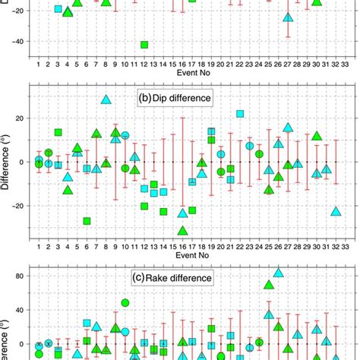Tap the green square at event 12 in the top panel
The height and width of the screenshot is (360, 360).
(x=144, y=45)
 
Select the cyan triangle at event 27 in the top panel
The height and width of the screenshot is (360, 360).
(x=288, y=17)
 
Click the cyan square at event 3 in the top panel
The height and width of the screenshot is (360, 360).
(x=58, y=9)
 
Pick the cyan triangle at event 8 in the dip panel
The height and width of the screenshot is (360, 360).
(x=106, y=99)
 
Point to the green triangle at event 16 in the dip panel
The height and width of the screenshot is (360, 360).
(x=182, y=230)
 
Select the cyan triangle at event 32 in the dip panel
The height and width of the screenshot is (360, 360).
(x=336, y=211)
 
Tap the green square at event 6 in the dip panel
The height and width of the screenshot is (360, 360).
(x=87, y=221)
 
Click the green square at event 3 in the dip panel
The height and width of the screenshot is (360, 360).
(x=58, y=133)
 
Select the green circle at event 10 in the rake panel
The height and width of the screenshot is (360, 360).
(x=125, y=303)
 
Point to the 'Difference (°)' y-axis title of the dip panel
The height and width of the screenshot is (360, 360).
(x=7, y=162)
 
